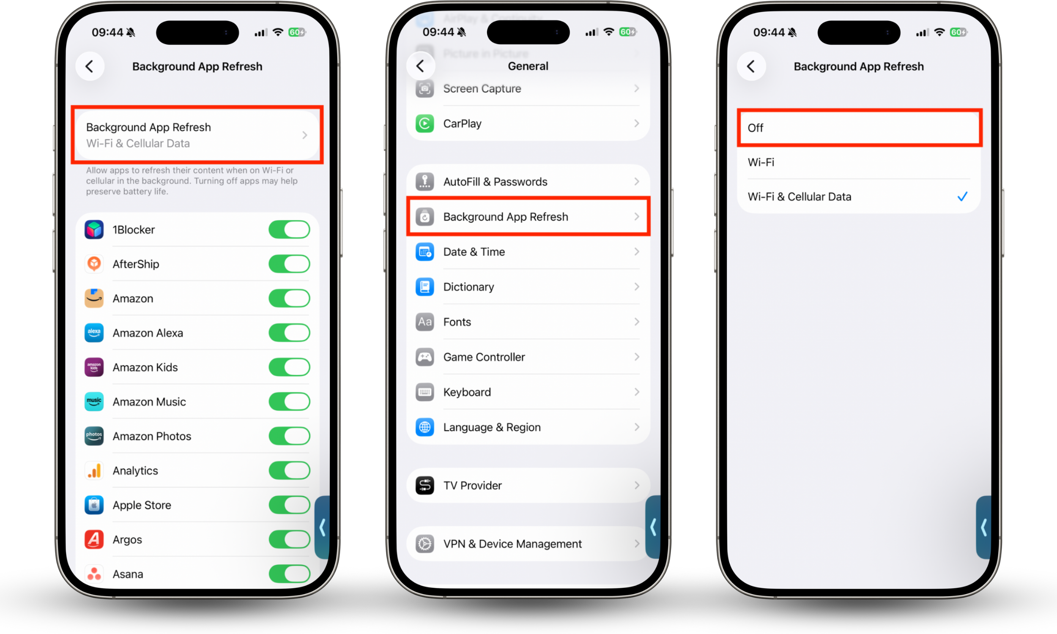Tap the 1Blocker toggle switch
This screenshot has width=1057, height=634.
(x=289, y=230)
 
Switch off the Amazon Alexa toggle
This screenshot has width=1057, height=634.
(x=289, y=333)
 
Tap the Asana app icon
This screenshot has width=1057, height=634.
(x=94, y=574)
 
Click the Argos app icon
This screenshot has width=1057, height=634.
(x=94, y=539)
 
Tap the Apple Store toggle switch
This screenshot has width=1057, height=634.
(x=289, y=505)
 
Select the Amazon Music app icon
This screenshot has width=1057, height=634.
(x=94, y=402)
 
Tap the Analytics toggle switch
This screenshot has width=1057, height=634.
(x=289, y=470)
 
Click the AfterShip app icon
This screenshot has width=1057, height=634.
(x=94, y=264)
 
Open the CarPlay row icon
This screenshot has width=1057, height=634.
(x=424, y=123)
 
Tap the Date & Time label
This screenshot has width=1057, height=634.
(x=474, y=252)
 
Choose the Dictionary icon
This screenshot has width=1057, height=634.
(x=424, y=287)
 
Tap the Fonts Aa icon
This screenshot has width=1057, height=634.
(x=424, y=322)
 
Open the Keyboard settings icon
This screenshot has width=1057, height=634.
(x=424, y=392)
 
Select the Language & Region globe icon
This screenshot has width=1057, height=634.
(x=424, y=427)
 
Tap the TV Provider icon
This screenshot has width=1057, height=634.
(x=424, y=485)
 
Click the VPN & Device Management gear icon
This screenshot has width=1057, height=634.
(x=424, y=544)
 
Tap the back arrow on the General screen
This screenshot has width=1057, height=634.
(x=420, y=66)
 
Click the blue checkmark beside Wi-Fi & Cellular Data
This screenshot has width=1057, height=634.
(x=962, y=197)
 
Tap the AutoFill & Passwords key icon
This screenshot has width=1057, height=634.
(x=424, y=182)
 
